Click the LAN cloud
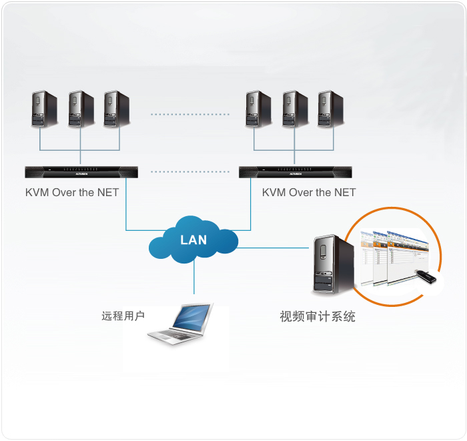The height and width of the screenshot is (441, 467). click(193, 240)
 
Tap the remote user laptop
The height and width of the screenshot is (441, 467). click(181, 324)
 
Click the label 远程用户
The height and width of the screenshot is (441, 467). click(123, 316)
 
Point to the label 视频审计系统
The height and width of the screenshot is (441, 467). click(318, 316)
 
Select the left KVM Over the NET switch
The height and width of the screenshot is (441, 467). click(81, 172)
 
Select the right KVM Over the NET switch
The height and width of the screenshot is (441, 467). click(295, 172)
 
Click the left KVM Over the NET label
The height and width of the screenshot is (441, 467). click(72, 192)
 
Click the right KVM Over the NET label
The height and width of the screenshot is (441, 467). click(309, 192)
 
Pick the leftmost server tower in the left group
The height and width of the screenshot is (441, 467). click(45, 109)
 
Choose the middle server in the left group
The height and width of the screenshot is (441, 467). click(81, 109)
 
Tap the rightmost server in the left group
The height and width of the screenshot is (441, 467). click(117, 109)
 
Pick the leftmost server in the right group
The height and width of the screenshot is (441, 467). click(258, 109)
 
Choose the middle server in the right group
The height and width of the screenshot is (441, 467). click(295, 109)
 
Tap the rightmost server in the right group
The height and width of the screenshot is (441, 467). click(330, 109)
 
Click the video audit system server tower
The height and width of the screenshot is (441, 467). click(334, 264)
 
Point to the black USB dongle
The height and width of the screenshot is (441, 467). click(426, 276)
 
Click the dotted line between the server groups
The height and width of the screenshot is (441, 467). click(190, 114)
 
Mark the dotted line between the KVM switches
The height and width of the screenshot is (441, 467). click(190, 172)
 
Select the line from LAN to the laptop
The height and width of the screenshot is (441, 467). click(194, 277)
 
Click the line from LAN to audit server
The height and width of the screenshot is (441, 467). click(273, 248)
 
